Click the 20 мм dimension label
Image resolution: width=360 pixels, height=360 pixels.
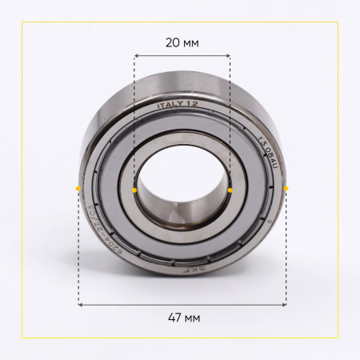(182, 42)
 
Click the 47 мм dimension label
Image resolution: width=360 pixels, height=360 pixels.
(182, 318)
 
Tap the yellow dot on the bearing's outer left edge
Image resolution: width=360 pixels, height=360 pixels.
(78, 188)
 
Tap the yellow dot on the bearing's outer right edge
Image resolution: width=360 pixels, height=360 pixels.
(286, 188)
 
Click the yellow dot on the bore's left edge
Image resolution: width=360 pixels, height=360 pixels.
(134, 190)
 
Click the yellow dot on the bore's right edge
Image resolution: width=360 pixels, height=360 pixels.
(230, 190)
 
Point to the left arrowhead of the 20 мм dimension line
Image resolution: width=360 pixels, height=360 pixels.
(136, 56)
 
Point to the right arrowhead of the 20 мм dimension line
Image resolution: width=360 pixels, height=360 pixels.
(229, 56)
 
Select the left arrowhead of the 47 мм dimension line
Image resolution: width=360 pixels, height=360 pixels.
(80, 304)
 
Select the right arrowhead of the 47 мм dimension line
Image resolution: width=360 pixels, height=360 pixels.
(285, 304)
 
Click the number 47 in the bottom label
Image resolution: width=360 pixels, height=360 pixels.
(174, 318)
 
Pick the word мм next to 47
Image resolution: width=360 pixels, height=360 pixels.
(191, 318)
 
